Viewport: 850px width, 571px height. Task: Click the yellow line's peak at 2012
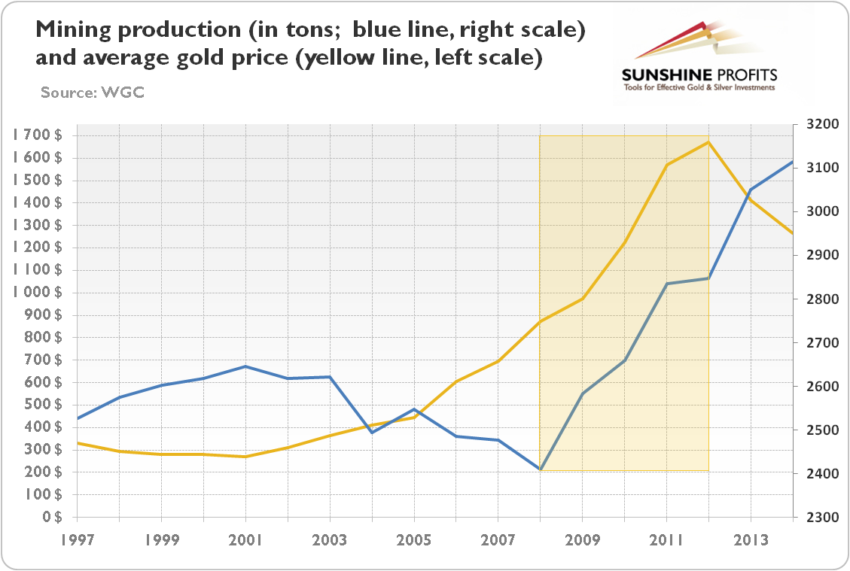point(708,141)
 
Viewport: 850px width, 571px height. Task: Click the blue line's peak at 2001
point(245,366)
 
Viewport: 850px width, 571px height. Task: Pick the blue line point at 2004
point(371,433)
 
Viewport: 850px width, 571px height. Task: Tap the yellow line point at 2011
point(666,165)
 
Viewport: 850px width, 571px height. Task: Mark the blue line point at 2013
point(751,190)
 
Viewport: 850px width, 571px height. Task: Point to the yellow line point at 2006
point(455,381)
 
